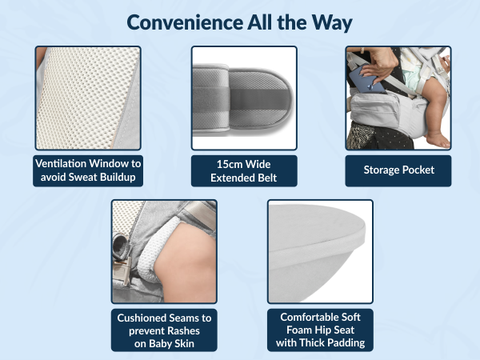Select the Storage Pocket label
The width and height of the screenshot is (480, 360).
(398, 170)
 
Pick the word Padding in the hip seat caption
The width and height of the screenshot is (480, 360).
(344, 344)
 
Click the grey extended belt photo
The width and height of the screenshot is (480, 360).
(244, 98)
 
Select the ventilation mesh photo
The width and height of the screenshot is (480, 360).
(87, 98)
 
